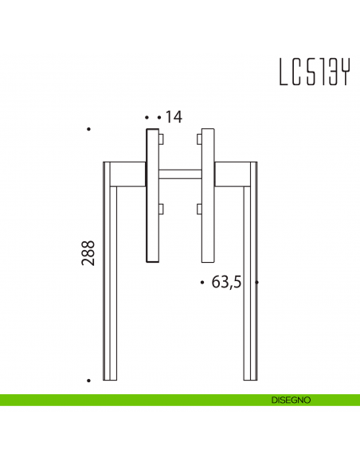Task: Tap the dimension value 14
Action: (174, 117)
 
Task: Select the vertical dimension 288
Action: (88, 253)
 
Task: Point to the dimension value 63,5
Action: (226, 283)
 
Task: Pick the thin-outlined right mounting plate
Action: (208, 195)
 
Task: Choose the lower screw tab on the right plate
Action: (198, 210)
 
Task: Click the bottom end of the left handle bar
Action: (111, 378)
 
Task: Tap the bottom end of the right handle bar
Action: (250, 378)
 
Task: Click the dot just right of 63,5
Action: (256, 283)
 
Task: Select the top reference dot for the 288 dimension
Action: (89, 129)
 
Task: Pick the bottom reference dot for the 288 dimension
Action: (89, 381)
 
